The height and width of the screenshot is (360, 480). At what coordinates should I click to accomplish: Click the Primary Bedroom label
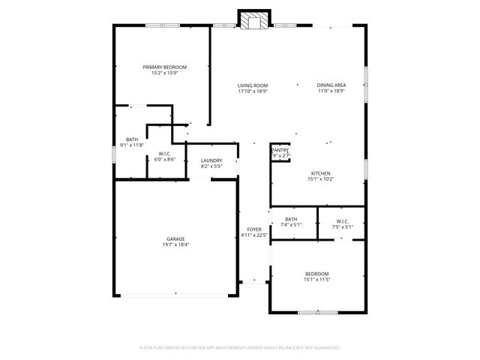tap(165, 67)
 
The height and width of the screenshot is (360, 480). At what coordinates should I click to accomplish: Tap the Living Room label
tap(253, 85)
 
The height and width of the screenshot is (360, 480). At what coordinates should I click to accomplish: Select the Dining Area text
tap(331, 85)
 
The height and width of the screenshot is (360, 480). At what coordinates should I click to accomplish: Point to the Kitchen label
tap(321, 173)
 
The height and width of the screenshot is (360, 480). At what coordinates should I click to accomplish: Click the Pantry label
tap(280, 150)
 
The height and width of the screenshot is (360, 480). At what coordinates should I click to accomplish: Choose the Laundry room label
tap(211, 160)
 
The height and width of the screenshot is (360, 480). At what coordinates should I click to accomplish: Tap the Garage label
tap(175, 239)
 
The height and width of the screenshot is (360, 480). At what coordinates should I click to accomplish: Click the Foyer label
tap(254, 229)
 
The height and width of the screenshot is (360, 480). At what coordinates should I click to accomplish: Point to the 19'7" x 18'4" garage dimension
tap(175, 245)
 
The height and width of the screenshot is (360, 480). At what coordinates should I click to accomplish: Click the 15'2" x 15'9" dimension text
tap(165, 73)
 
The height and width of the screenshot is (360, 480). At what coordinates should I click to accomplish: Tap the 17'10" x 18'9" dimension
tap(253, 91)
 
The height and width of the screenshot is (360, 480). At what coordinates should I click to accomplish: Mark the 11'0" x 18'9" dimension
tap(331, 91)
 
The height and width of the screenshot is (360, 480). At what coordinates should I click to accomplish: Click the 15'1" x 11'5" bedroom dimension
tap(316, 280)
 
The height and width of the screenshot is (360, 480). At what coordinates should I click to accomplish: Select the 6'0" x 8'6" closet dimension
tap(165, 159)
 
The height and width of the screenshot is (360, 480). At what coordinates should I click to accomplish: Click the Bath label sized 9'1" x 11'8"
tap(132, 139)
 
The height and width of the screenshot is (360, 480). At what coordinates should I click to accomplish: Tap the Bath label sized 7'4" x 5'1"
tap(291, 219)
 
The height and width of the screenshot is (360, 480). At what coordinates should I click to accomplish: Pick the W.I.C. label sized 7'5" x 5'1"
tap(342, 221)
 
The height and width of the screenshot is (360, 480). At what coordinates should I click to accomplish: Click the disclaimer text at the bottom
tap(240, 347)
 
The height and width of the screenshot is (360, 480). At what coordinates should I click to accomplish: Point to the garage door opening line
tap(175, 295)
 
